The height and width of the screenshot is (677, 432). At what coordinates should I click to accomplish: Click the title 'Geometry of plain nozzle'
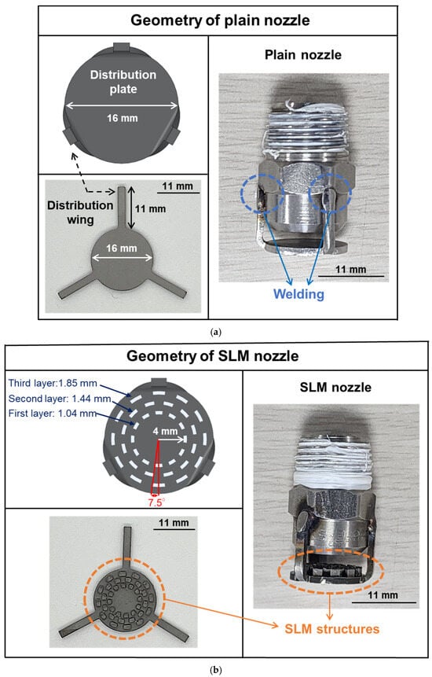[220, 20]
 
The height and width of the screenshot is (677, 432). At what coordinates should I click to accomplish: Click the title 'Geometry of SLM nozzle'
[213, 355]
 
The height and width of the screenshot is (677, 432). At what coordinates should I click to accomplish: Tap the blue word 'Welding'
[298, 294]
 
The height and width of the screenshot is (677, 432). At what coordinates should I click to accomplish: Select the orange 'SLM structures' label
[332, 629]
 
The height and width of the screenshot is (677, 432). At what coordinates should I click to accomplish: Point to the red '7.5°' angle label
[156, 502]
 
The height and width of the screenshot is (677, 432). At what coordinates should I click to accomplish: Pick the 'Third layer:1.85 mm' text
[53, 383]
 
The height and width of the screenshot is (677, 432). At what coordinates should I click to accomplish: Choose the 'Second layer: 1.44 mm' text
[60, 398]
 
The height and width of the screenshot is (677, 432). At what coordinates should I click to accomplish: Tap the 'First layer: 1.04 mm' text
[52, 413]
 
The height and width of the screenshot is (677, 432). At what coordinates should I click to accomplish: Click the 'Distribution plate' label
[123, 82]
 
